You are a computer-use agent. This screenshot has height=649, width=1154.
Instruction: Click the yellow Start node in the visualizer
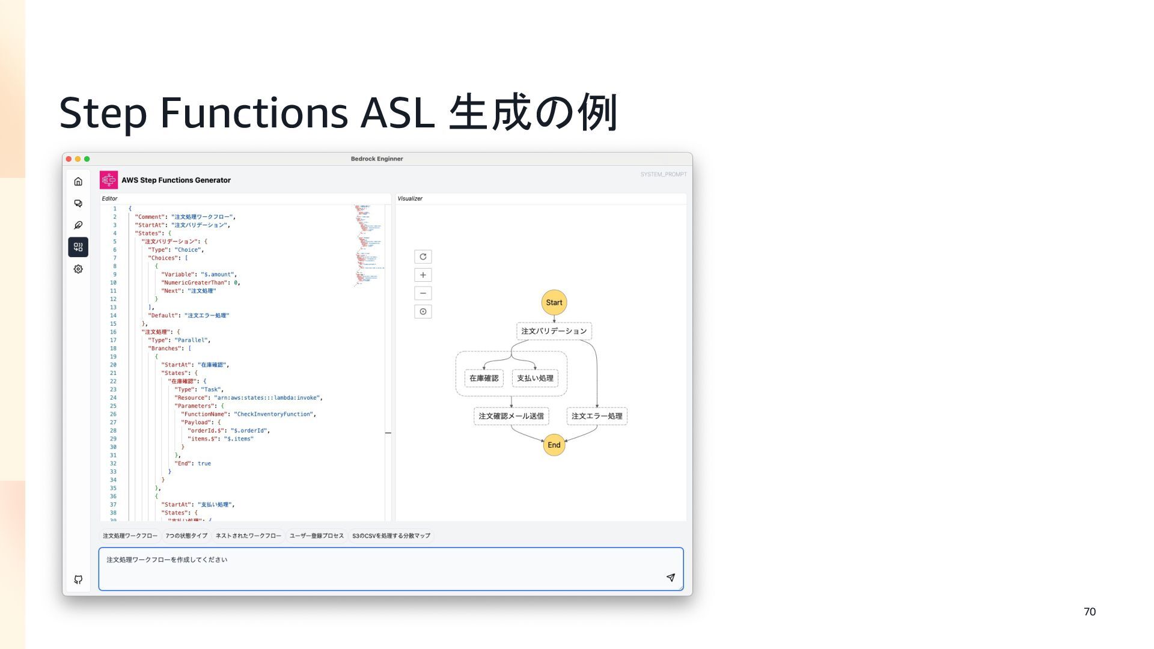554,302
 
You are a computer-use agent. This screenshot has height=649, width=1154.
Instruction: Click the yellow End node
554,445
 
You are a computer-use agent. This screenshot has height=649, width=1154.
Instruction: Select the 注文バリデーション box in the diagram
554,331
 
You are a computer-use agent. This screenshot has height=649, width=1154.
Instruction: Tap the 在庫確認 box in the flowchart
484,378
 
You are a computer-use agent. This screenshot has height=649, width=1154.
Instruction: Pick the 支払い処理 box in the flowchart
535,378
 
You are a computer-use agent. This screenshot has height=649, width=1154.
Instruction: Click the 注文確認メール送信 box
511,416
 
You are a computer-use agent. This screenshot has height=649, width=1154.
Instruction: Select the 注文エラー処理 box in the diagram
597,416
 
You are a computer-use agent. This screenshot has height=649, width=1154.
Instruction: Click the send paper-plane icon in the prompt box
671,577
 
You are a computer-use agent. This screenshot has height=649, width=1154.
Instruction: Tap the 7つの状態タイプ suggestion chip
186,535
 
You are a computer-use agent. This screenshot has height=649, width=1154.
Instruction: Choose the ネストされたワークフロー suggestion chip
248,535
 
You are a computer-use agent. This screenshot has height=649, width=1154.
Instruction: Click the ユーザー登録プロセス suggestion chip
317,535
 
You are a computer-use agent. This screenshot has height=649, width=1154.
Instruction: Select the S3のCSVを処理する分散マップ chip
391,535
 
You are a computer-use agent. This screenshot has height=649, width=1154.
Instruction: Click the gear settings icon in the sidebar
78,269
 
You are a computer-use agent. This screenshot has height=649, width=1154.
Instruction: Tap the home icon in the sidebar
78,181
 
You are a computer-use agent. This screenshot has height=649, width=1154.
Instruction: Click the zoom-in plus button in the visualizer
423,275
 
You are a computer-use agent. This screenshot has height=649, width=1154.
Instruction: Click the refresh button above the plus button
423,257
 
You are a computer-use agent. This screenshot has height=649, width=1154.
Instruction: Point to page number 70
1090,612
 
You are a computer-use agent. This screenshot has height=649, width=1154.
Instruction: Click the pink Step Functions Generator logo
109,180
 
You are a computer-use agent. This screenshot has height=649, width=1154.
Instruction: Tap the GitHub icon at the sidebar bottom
78,579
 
